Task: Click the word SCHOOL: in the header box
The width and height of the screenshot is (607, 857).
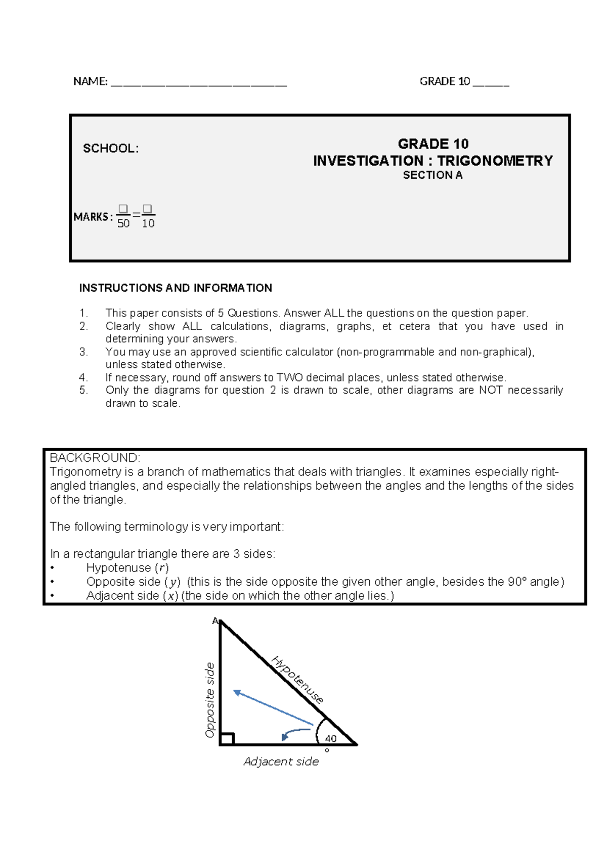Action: tap(110, 148)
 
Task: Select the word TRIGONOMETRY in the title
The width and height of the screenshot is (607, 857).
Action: tap(495, 161)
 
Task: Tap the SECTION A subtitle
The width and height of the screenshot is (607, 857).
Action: tap(432, 175)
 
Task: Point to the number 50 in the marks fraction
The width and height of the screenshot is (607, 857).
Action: tap(123, 224)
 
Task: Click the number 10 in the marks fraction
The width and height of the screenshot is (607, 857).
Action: tap(148, 224)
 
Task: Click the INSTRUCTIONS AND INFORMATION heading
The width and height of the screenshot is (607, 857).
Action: tap(176, 288)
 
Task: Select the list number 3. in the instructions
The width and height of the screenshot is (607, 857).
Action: tap(83, 352)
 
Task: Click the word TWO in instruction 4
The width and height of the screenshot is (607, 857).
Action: tap(290, 377)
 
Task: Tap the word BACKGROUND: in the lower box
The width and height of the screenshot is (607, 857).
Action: tap(95, 458)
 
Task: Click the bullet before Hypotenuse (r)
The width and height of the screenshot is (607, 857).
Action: tap(53, 568)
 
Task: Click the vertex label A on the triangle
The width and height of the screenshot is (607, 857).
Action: tap(215, 621)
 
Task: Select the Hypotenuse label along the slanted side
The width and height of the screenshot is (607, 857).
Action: tap(297, 680)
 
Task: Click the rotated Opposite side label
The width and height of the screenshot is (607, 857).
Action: tap(210, 700)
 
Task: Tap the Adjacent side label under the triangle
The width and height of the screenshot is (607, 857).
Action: tap(281, 761)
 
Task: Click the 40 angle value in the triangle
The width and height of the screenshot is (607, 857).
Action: tap(330, 738)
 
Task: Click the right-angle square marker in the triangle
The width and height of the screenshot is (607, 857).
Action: tap(227, 739)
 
